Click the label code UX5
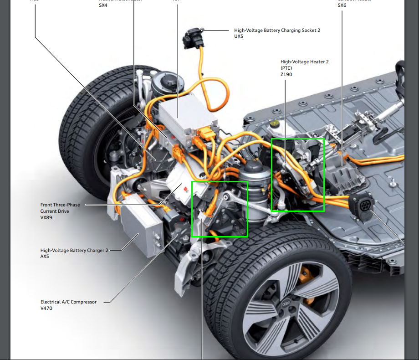pos(239,36)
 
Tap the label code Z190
pos(286,74)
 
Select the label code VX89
pos(46,217)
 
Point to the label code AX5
pos(45,256)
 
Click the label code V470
pos(46,308)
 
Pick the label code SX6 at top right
pos(342,5)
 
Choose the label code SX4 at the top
pos(103,5)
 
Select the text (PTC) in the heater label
pos(286,68)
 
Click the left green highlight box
pos(220,209)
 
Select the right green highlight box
pos(297,175)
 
